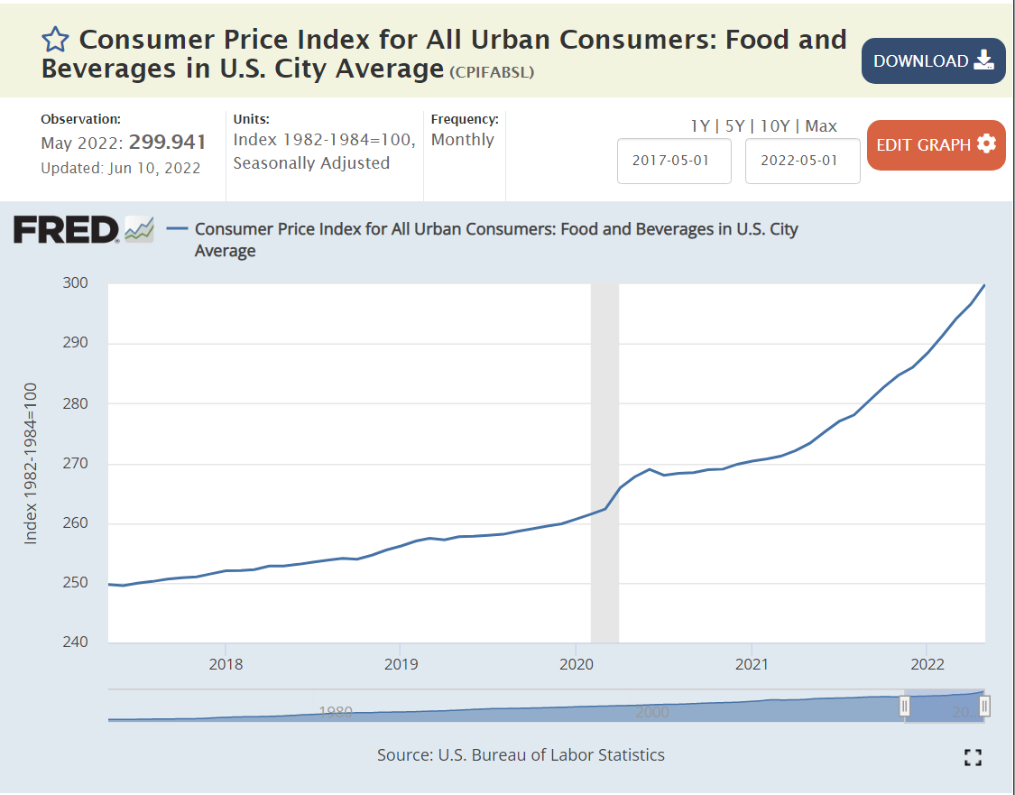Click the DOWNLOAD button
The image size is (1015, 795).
tap(933, 61)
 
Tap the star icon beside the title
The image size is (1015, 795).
tap(55, 40)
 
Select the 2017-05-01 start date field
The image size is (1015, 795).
tap(674, 161)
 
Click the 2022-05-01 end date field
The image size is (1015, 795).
tap(802, 161)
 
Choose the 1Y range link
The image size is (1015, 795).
tap(700, 126)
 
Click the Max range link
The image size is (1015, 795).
tap(821, 126)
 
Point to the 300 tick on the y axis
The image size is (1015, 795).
tap(76, 283)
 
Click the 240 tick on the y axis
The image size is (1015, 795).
tap(76, 642)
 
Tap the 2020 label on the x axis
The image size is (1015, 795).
tap(576, 664)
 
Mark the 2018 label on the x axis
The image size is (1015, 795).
tap(225, 664)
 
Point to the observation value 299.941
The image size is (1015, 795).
tap(168, 143)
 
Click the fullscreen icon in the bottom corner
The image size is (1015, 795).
tap(973, 757)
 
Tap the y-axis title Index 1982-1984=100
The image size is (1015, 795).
tap(32, 463)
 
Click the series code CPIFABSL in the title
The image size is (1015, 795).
tap(492, 72)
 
